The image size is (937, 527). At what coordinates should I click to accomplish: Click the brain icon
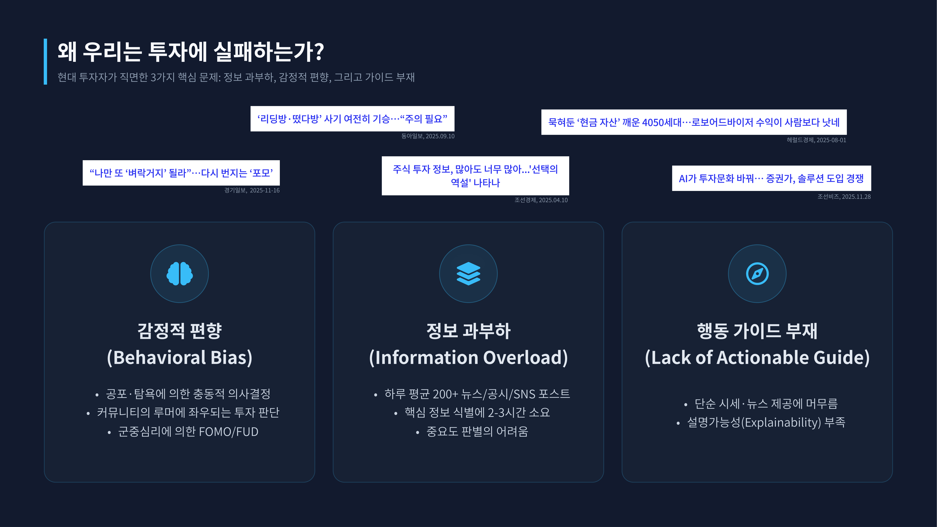[179, 274]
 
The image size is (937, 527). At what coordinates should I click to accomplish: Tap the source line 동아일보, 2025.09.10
[428, 136]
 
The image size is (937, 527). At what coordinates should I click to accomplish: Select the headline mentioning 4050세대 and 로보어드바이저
[694, 122]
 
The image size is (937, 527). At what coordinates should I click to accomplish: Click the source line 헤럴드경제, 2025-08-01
[816, 140]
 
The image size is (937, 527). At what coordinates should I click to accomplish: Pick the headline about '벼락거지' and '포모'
[181, 173]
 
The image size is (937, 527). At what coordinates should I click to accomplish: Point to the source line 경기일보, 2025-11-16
[252, 190]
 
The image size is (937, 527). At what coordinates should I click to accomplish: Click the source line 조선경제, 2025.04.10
[541, 200]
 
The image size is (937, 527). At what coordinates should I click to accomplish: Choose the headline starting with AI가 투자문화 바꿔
[771, 178]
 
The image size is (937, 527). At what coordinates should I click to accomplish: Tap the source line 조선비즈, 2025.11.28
[844, 197]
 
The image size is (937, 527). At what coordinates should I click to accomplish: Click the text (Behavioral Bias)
[179, 357]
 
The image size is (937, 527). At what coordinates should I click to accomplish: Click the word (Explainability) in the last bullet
[781, 422]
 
